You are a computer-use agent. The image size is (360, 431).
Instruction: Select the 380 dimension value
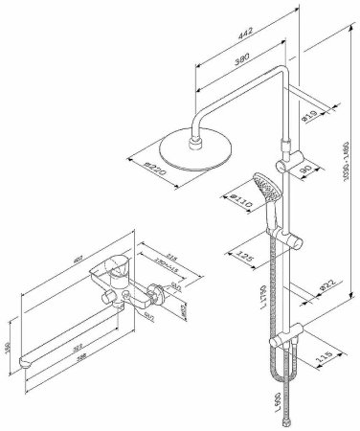pyautogui.click(x=240, y=56)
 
